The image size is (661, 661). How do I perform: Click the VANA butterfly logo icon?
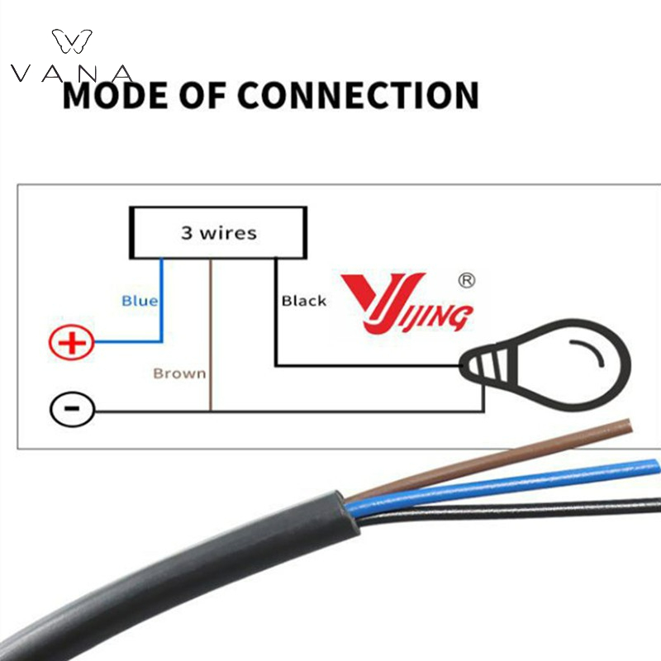(x=72, y=40)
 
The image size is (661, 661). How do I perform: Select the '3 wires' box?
(x=218, y=232)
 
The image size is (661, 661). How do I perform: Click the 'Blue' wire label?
(x=140, y=301)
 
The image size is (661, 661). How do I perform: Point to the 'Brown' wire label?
(x=179, y=373)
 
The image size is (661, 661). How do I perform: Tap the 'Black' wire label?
(x=304, y=301)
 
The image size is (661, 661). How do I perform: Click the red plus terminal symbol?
(x=71, y=342)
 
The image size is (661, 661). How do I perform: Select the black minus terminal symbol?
(x=72, y=408)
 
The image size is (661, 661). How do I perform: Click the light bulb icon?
(x=544, y=365)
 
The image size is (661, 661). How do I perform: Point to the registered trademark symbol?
(x=466, y=280)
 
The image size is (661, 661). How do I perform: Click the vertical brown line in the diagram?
(x=211, y=335)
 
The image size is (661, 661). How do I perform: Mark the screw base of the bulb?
(x=485, y=365)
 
